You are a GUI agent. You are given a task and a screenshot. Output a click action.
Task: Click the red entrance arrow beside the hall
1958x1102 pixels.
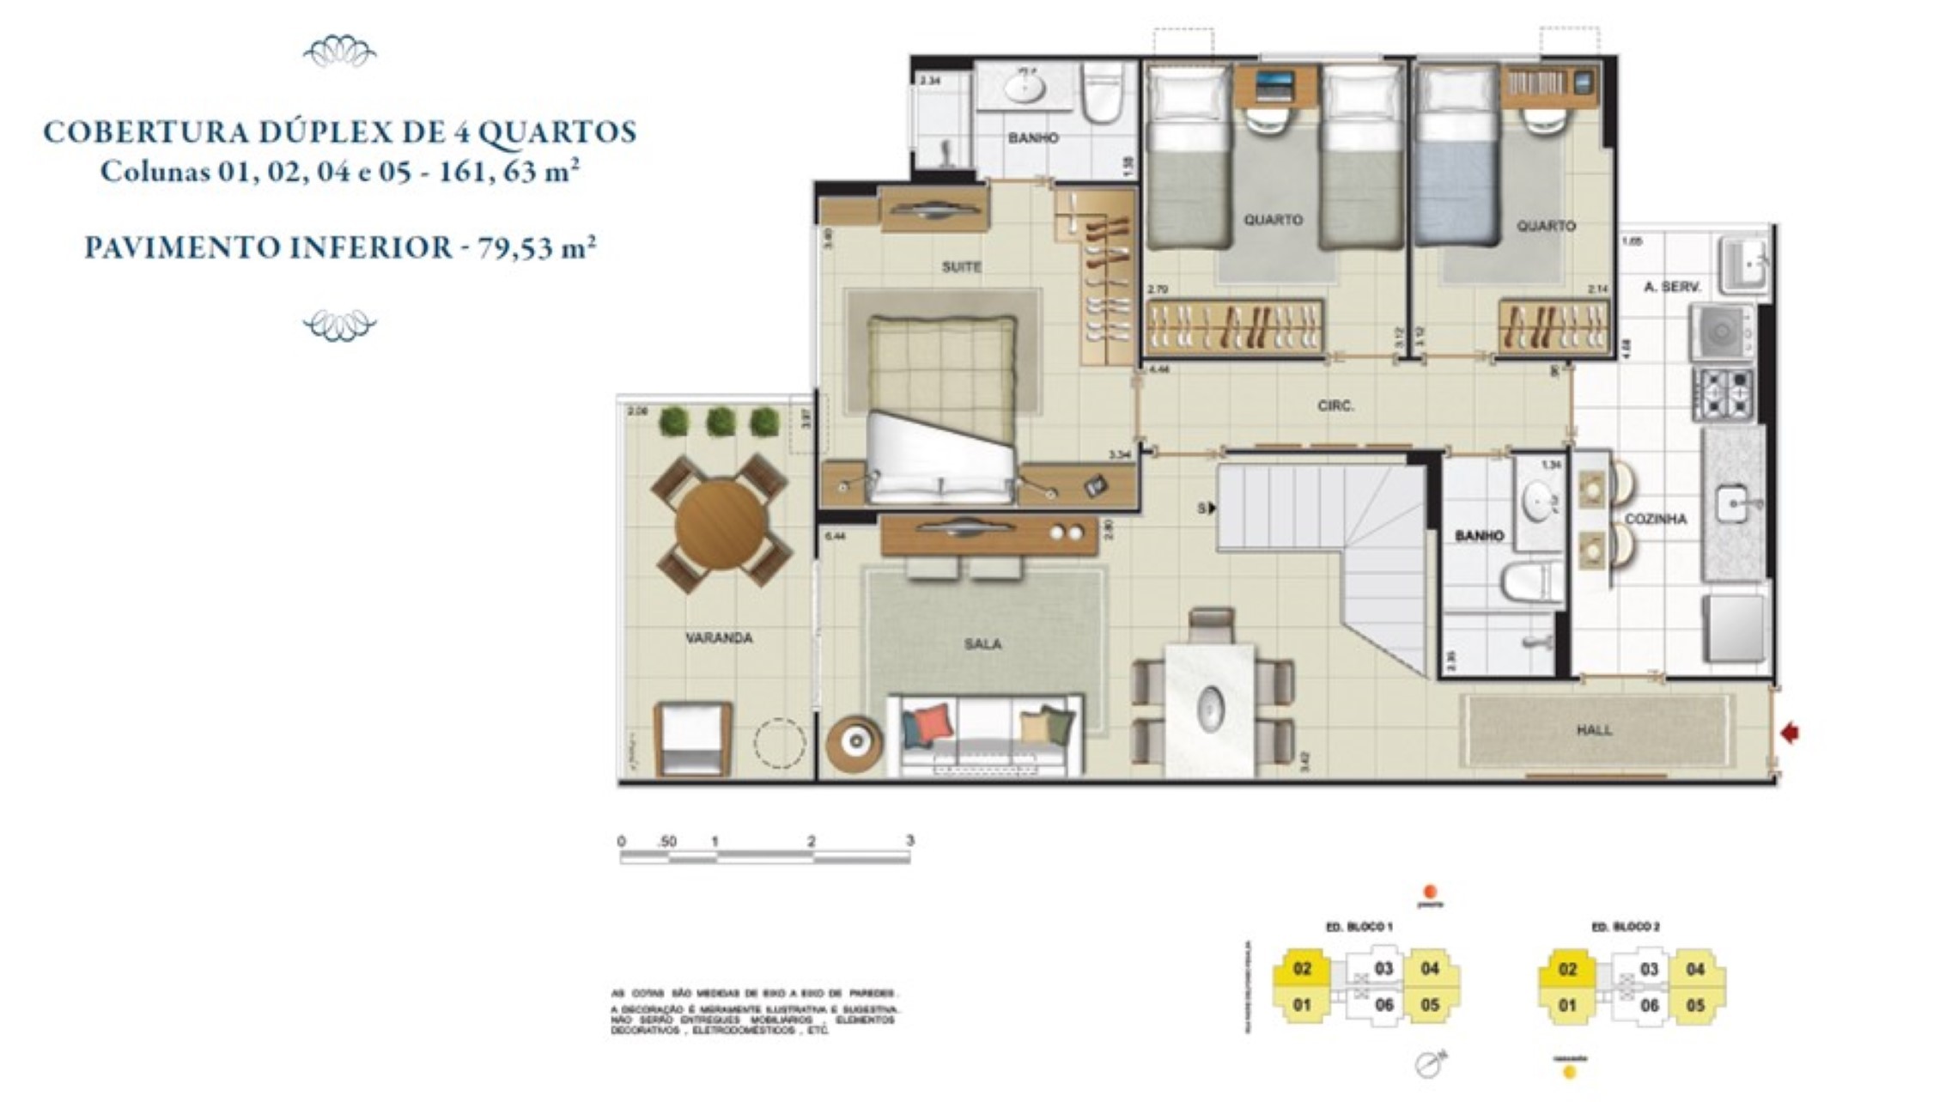click(x=1790, y=733)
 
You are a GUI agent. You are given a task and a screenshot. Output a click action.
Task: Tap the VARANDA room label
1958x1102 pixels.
click(x=719, y=638)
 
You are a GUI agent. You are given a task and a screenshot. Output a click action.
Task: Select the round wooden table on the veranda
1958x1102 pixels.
click(x=721, y=524)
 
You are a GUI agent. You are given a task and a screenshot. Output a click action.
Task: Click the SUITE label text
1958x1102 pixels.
click(x=961, y=267)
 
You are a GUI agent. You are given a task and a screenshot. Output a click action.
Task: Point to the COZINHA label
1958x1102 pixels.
click(x=1655, y=519)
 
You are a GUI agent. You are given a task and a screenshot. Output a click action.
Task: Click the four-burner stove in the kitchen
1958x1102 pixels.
click(x=1723, y=394)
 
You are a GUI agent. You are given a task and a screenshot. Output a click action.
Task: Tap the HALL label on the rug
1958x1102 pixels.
click(x=1594, y=730)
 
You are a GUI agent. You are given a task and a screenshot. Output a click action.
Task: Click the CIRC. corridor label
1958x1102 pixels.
click(x=1335, y=405)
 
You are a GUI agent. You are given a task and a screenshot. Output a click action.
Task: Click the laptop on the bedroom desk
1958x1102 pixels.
click(x=1274, y=84)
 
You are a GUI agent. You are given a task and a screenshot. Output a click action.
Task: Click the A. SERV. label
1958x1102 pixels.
click(x=1671, y=287)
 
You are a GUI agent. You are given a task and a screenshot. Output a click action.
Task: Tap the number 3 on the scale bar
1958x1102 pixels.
click(x=909, y=840)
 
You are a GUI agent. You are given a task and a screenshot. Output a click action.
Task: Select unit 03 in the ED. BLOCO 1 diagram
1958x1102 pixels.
click(x=1383, y=969)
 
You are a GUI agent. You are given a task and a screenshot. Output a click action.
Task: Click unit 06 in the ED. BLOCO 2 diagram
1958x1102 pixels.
click(x=1649, y=1005)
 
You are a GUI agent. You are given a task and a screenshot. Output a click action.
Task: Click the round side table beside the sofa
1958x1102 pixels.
click(x=853, y=743)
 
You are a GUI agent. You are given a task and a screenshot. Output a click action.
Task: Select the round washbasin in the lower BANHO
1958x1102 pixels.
click(x=1537, y=502)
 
